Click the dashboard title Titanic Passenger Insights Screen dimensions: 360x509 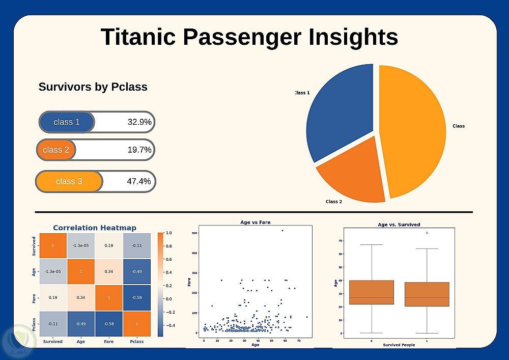pos(249,37)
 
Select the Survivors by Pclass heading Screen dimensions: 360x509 pos(93,87)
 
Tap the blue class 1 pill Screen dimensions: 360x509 pos(67,122)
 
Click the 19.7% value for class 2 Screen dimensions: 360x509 pos(139,150)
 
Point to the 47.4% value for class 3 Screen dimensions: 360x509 pos(139,181)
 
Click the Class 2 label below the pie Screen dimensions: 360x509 pos(334,202)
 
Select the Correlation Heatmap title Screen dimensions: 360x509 pos(95,228)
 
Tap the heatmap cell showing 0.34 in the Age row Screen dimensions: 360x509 pos(109,271)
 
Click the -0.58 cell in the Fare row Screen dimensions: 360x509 pos(136,297)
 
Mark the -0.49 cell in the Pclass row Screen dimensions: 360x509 pos(81,323)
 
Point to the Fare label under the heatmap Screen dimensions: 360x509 pos(108,342)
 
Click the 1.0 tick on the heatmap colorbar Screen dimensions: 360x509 pos(168,233)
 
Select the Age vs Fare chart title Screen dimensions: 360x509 pos(256,223)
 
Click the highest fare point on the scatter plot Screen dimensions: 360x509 pos(282,231)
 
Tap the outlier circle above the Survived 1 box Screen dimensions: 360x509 pos(427,233)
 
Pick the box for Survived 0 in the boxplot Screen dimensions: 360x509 pos(372,292)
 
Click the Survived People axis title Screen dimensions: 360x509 pos(399,345)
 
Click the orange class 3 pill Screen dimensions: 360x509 pos(69,182)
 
